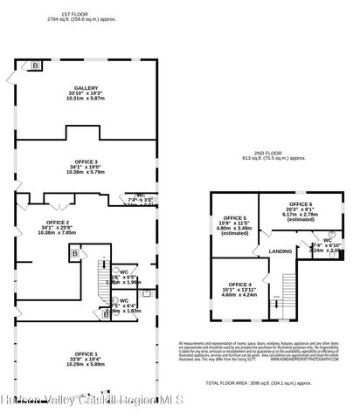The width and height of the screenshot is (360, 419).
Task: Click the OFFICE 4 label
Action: pos(240,285)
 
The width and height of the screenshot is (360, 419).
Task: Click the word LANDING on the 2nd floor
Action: pos(280,251)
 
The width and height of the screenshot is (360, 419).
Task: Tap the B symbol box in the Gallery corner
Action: pos(36,65)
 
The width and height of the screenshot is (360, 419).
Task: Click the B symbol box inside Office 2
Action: pos(75,253)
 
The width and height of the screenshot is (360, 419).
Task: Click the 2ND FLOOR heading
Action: pos(275,153)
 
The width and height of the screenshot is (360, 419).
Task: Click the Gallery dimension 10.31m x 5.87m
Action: pos(86,99)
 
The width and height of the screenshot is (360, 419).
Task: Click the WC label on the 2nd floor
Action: pos(326,239)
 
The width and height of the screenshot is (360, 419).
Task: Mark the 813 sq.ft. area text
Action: pos(275,159)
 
